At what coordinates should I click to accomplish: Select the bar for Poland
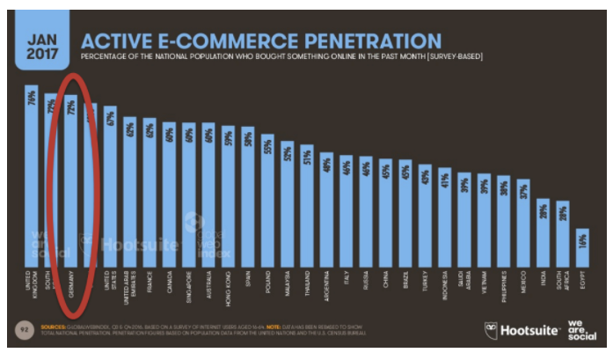pyautogui.click(x=266, y=202)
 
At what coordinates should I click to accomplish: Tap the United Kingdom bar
pyautogui.click(x=31, y=176)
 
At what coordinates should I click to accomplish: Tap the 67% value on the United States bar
pyautogui.click(x=110, y=117)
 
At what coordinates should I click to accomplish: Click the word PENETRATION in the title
pyautogui.click(x=370, y=40)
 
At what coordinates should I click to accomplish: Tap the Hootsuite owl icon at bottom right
pyautogui.click(x=489, y=330)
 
